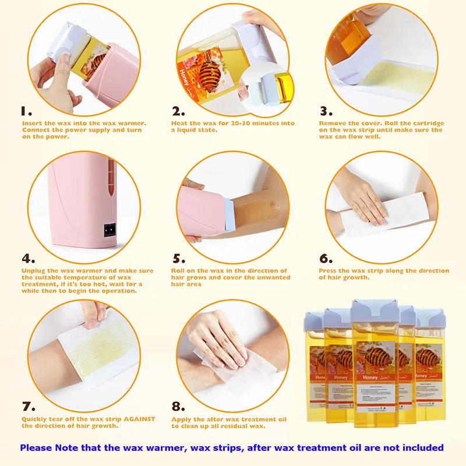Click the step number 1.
(26, 111)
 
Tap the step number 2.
(178, 111)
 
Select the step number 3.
(326, 111)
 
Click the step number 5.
(178, 259)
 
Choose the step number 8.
(178, 407)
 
